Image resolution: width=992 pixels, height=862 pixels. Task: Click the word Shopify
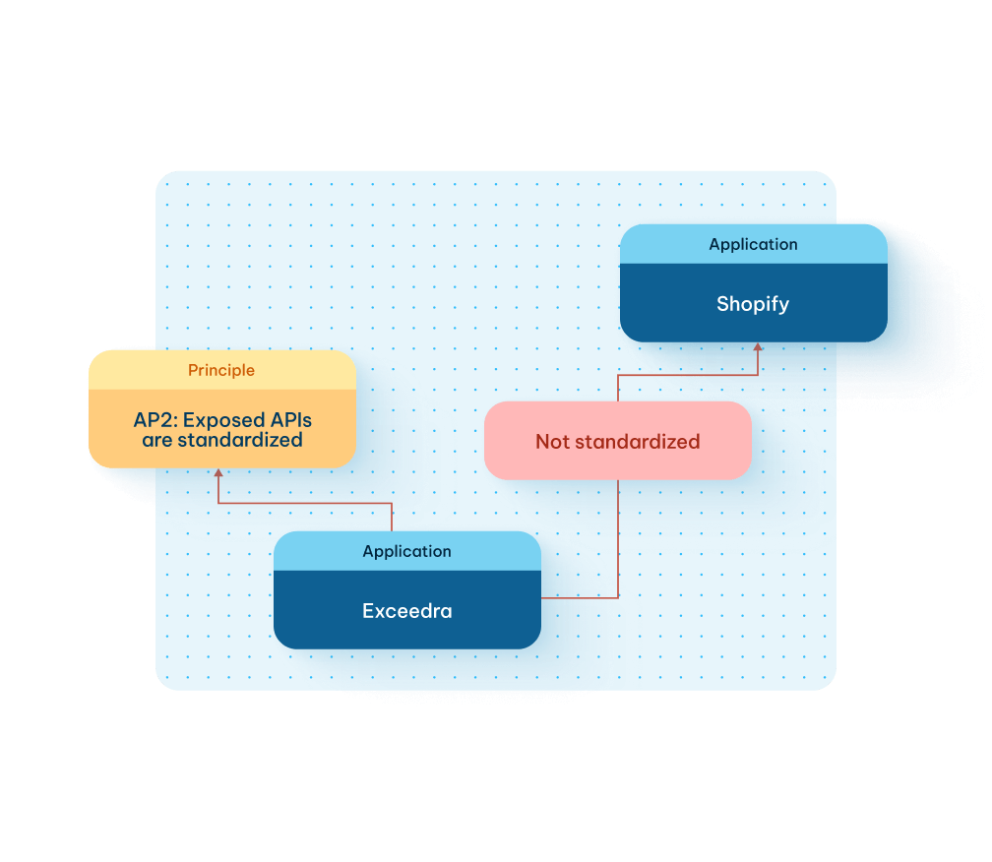coord(753,304)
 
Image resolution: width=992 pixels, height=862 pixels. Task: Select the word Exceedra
coord(406,611)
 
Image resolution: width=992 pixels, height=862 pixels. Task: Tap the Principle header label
coord(221,370)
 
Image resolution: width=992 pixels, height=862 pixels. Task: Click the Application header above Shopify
coord(753,244)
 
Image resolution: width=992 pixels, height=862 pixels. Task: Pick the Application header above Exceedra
coord(406,551)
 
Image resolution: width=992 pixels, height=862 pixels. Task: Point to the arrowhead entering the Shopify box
coord(758,347)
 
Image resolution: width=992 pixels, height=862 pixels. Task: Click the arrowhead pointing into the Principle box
coord(218,473)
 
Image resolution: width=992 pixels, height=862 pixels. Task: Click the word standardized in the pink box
coord(636,442)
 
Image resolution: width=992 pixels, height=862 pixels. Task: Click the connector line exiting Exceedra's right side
coord(581,597)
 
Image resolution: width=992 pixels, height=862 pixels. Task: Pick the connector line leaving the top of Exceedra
coord(392,517)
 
